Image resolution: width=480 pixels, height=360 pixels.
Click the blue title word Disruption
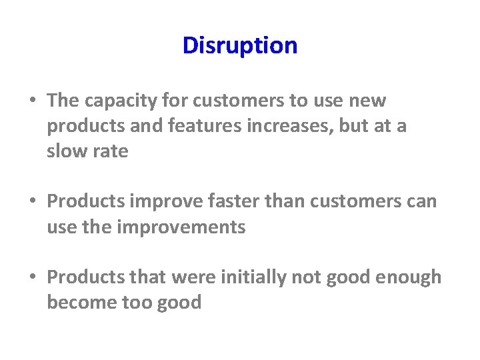coord(240,46)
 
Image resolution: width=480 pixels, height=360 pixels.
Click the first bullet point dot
coord(33,101)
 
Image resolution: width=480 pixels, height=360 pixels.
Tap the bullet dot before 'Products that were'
coord(33,277)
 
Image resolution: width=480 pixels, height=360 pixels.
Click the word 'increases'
coord(283,127)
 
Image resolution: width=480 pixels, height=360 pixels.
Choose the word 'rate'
coord(111,151)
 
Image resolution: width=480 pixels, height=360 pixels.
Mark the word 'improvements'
coord(181,227)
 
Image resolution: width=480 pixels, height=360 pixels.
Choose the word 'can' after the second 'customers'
coord(421,201)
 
